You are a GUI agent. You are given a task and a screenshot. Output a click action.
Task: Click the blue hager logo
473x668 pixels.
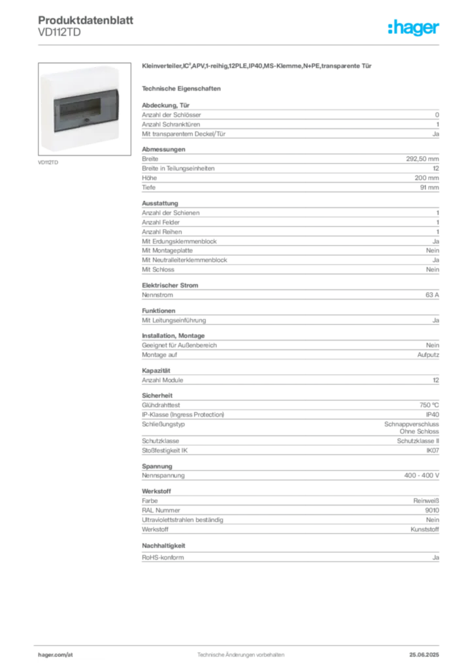click(414, 28)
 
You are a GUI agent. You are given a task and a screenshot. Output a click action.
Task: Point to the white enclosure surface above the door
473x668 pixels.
click(82, 81)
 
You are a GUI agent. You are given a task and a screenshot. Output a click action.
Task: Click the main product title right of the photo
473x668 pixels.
click(259, 67)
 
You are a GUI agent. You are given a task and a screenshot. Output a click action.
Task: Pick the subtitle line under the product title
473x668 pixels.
click(183, 87)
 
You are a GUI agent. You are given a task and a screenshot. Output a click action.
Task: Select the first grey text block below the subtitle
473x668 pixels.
click(289, 121)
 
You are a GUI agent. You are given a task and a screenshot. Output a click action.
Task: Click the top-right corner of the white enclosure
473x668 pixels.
click(118, 67)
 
